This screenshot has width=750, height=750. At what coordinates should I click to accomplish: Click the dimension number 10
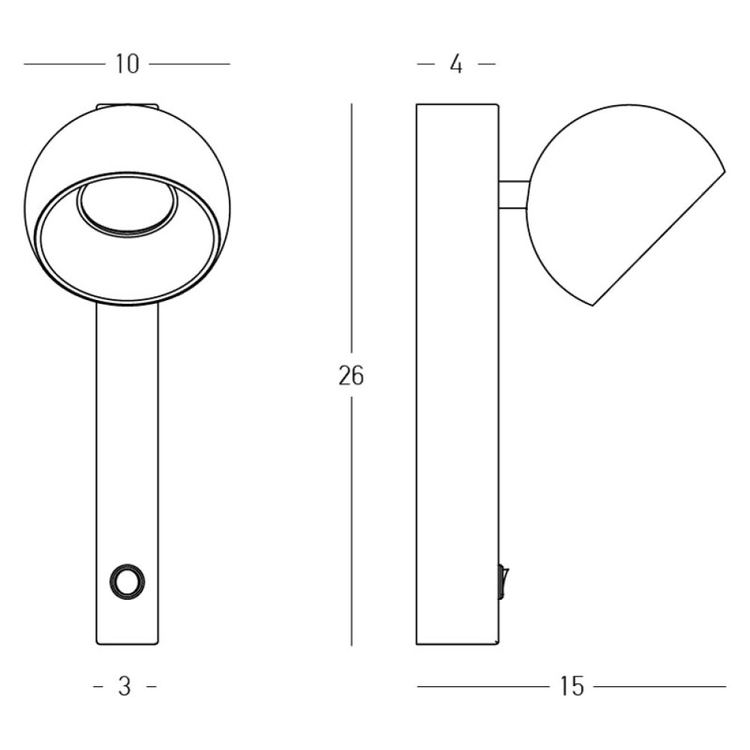click(x=127, y=64)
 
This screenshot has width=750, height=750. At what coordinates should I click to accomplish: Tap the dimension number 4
click(x=456, y=64)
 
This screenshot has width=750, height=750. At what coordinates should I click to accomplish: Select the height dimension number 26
click(x=351, y=375)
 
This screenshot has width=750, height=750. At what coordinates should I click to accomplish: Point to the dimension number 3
click(x=124, y=687)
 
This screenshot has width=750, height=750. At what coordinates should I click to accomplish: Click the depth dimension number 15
click(x=571, y=687)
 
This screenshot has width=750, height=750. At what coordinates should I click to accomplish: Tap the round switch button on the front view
click(x=127, y=582)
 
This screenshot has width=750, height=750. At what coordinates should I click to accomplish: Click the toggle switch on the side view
click(x=503, y=582)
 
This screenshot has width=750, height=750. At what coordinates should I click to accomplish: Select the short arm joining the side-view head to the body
click(x=514, y=195)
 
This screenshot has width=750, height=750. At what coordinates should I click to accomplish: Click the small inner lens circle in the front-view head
click(x=127, y=209)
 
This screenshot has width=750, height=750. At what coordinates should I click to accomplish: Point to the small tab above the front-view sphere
click(x=127, y=106)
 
